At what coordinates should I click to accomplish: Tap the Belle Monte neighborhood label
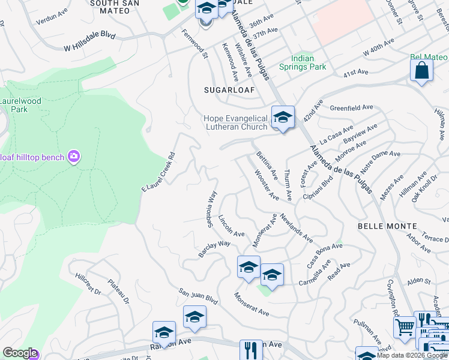click(387, 226)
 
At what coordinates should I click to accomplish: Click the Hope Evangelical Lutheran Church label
click(235, 122)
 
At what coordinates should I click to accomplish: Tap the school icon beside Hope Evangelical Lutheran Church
click(282, 117)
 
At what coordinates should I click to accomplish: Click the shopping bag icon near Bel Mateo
click(421, 71)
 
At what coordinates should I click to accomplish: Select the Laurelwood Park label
click(20, 105)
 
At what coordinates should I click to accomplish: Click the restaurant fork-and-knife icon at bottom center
click(251, 350)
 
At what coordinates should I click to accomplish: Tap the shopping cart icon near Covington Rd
click(405, 327)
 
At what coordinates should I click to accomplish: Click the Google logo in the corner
click(20, 353)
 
